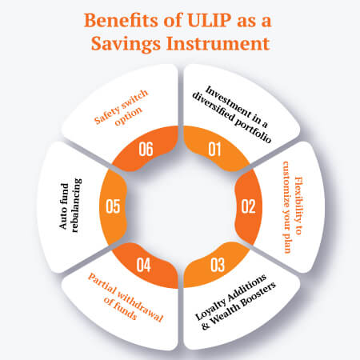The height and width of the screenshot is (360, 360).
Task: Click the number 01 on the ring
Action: [x=214, y=149]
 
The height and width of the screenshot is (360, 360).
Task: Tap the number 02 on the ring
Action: [x=248, y=206]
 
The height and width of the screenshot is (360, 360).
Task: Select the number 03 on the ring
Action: [x=214, y=263]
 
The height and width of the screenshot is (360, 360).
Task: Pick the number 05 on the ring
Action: [x=113, y=206]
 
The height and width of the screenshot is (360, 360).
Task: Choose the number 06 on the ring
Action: [x=146, y=149]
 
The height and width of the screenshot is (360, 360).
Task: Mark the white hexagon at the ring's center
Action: [x=180, y=206]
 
